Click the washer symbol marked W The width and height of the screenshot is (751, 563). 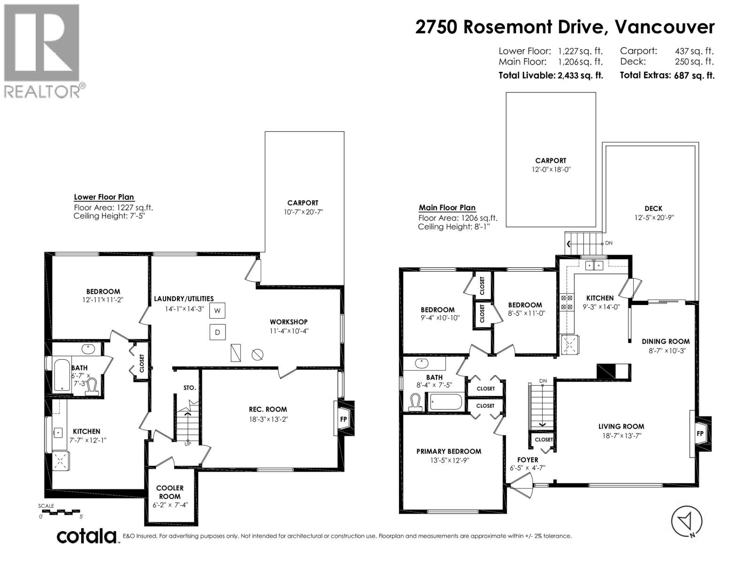[218, 311]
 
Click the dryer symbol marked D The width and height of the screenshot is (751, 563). [218, 332]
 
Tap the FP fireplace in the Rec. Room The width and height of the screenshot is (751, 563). [344, 419]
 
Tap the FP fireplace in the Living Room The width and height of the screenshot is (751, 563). [700, 434]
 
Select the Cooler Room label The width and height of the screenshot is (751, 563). [169, 492]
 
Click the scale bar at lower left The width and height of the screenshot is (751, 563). [61, 512]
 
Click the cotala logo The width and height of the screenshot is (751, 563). [87, 536]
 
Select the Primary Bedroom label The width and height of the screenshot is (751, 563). [449, 451]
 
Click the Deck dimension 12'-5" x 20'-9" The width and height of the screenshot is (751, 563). [653, 217]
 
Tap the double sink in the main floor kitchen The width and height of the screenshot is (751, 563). [594, 265]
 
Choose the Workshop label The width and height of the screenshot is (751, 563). [289, 322]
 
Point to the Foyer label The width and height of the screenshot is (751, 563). [528, 459]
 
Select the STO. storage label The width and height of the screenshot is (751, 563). [190, 388]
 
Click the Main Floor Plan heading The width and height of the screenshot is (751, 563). [447, 207]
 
